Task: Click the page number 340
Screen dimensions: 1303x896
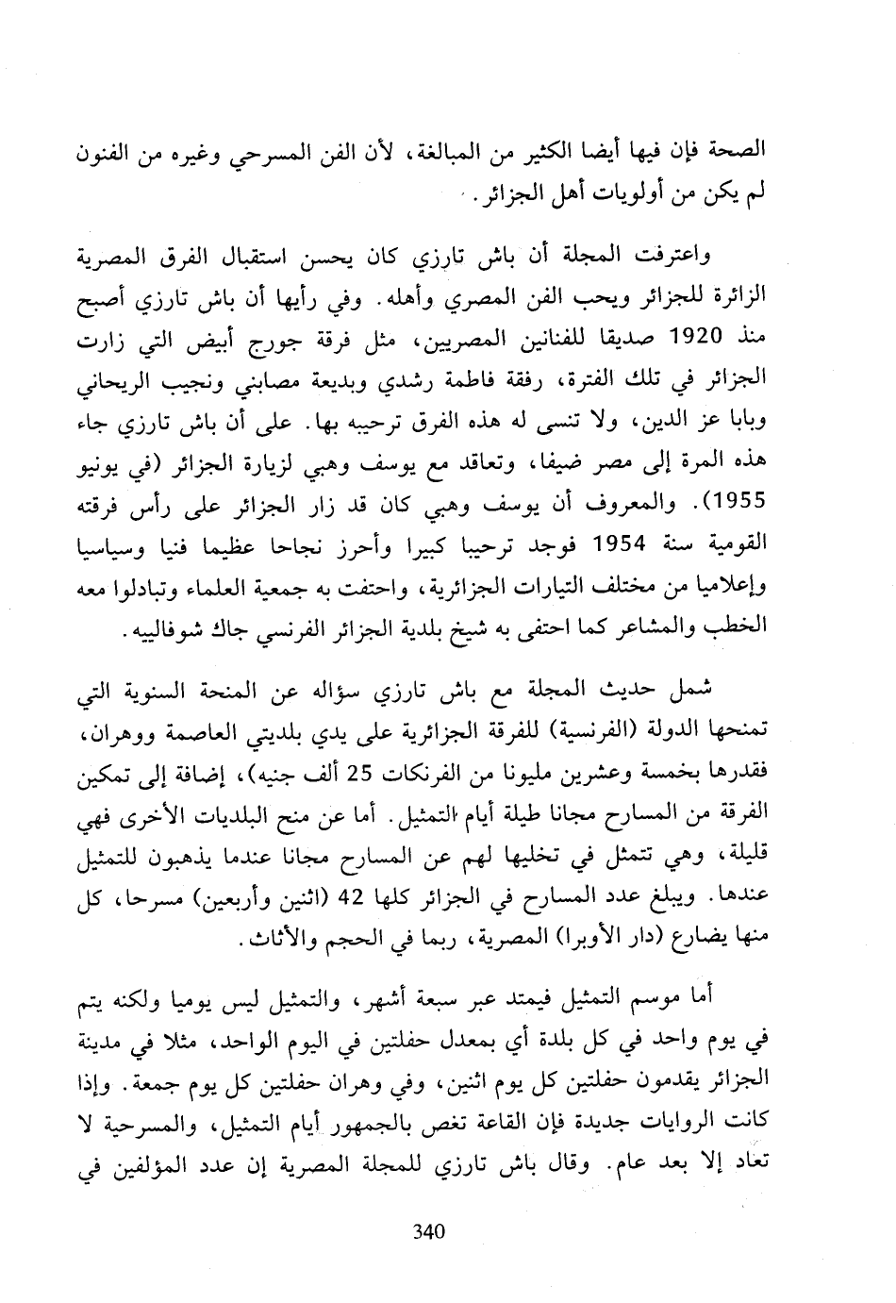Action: [x=429, y=1231]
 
